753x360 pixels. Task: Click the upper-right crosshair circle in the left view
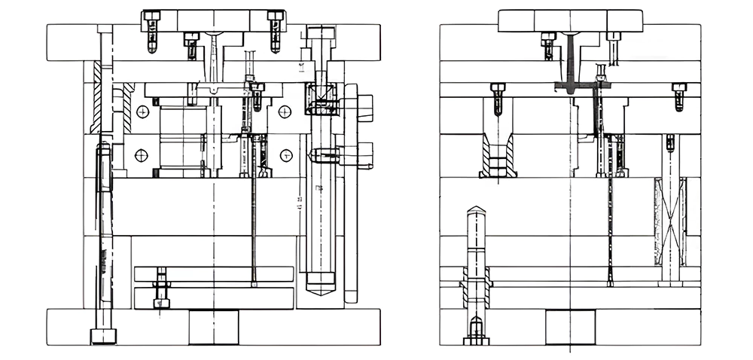coord(285,111)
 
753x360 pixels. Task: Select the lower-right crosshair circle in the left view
coord(285,155)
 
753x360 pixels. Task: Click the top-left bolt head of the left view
coord(151,15)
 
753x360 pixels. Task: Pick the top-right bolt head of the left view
coord(276,15)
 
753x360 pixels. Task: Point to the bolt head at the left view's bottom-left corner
coord(102,336)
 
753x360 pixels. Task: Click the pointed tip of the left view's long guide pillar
coord(322,290)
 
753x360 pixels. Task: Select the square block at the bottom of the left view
coord(213,327)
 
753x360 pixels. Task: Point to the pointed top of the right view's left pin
coord(476,211)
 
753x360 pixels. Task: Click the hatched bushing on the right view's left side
coord(498,157)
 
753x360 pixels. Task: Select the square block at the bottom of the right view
coord(570,327)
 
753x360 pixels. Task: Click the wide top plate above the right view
coord(570,20)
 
